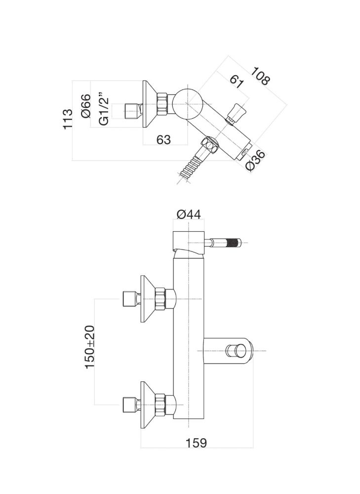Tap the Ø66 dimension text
click(85, 106)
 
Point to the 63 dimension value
click(163, 140)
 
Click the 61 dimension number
click(236, 81)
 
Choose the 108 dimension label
click(259, 76)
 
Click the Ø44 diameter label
click(188, 214)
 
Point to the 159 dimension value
click(197, 443)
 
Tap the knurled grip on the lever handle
click(234, 243)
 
